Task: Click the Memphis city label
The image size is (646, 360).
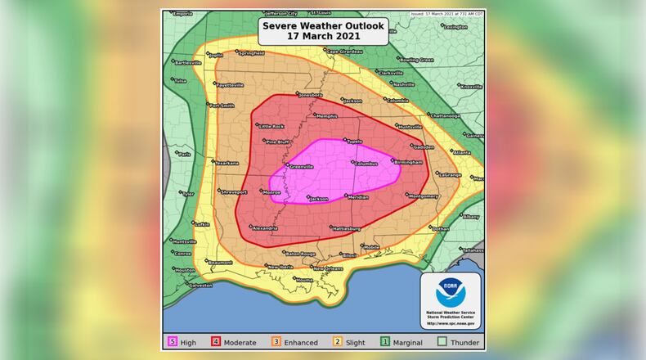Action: [326, 116]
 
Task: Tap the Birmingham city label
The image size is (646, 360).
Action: [408, 162]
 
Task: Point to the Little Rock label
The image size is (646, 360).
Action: [271, 126]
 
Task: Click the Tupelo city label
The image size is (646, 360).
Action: [353, 142]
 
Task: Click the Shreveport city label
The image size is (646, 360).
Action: [234, 191]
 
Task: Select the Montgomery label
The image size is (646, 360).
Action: [424, 196]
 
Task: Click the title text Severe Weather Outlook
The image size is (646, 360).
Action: [322, 25]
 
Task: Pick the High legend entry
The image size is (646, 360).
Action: [182, 342]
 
